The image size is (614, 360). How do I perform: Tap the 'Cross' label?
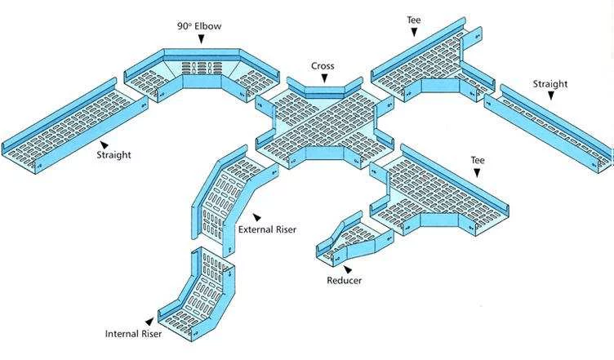[323, 65]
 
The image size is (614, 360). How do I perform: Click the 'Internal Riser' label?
[133, 333]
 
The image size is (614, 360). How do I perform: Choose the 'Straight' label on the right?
[550, 83]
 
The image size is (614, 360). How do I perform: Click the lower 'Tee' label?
[478, 160]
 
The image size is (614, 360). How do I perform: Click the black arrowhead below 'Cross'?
[324, 78]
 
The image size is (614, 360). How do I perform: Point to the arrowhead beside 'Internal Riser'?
[149, 321]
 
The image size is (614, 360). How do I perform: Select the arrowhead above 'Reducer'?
[347, 269]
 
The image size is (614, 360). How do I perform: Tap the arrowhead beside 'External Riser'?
[256, 217]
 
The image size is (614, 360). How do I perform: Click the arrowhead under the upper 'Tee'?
[415, 32]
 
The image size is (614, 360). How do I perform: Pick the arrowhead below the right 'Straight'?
[551, 96]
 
